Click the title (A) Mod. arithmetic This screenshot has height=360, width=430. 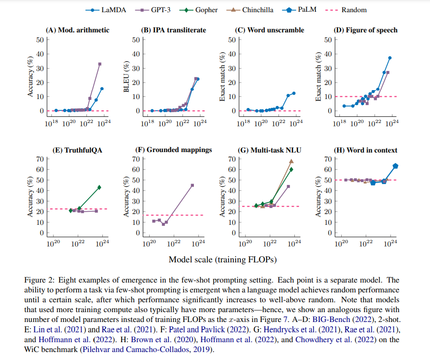click(x=77, y=30)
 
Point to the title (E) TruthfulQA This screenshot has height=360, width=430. click(x=77, y=150)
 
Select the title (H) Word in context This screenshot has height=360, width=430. click(x=366, y=150)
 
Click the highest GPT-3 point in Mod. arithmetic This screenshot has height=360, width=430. click(x=100, y=64)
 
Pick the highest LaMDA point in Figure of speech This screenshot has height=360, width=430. click(x=390, y=58)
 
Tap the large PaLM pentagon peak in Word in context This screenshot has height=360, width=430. click(x=395, y=166)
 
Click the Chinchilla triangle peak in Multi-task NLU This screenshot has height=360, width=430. click(x=291, y=161)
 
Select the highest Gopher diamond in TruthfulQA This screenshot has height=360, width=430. click(x=99, y=187)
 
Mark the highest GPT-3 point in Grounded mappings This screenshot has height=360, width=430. click(x=192, y=185)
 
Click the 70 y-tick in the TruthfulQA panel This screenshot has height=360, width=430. click(x=41, y=159)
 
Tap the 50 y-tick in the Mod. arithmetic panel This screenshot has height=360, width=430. click(x=41, y=39)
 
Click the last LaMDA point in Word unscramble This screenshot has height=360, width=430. click(x=294, y=93)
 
